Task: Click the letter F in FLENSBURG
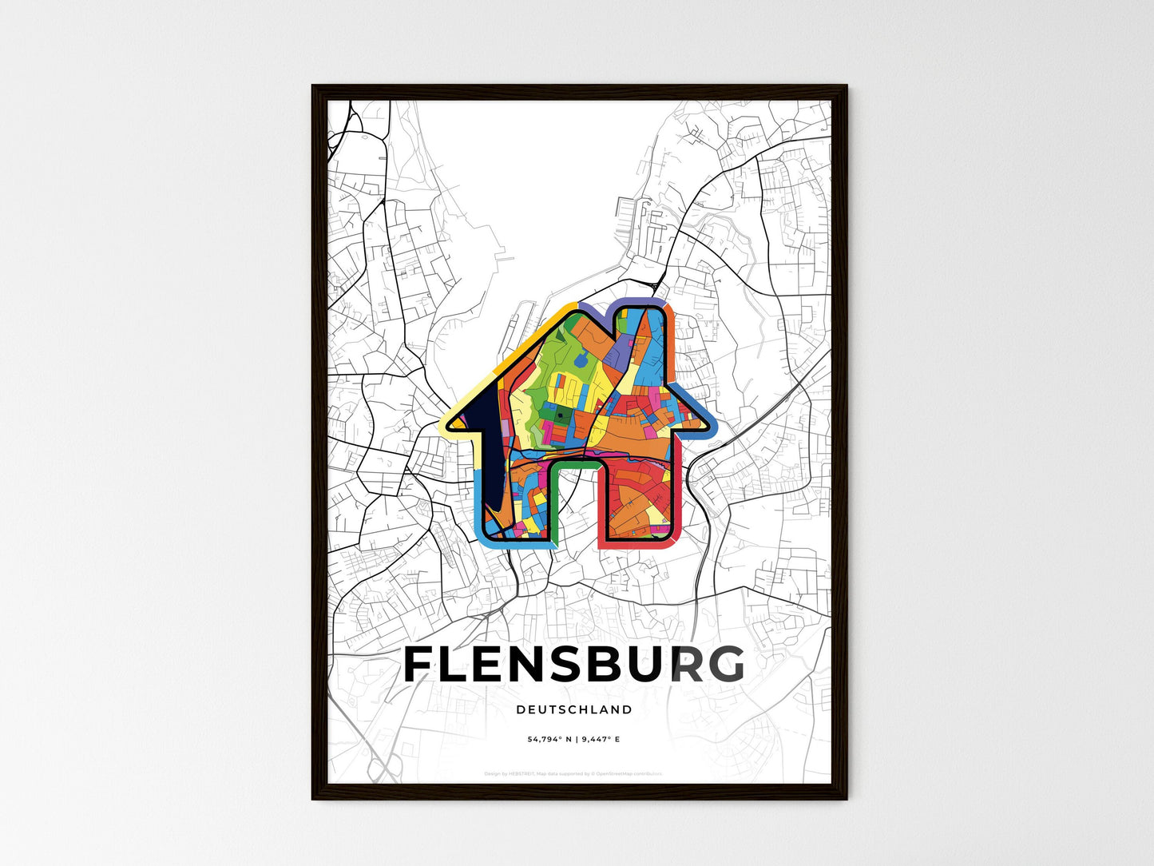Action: click(420, 665)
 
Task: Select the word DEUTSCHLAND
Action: click(574, 709)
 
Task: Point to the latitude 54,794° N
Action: click(550, 740)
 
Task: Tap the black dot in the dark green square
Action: click(561, 415)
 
